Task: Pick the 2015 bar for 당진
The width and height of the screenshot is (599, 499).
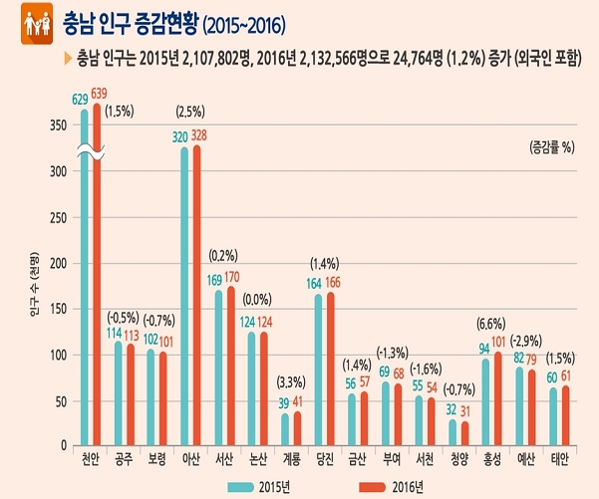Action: click(x=319, y=369)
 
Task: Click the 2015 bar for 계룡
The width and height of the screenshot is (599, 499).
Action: click(x=285, y=429)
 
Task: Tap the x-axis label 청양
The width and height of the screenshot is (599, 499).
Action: click(x=456, y=460)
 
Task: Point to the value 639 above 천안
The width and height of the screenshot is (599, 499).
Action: click(x=100, y=94)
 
